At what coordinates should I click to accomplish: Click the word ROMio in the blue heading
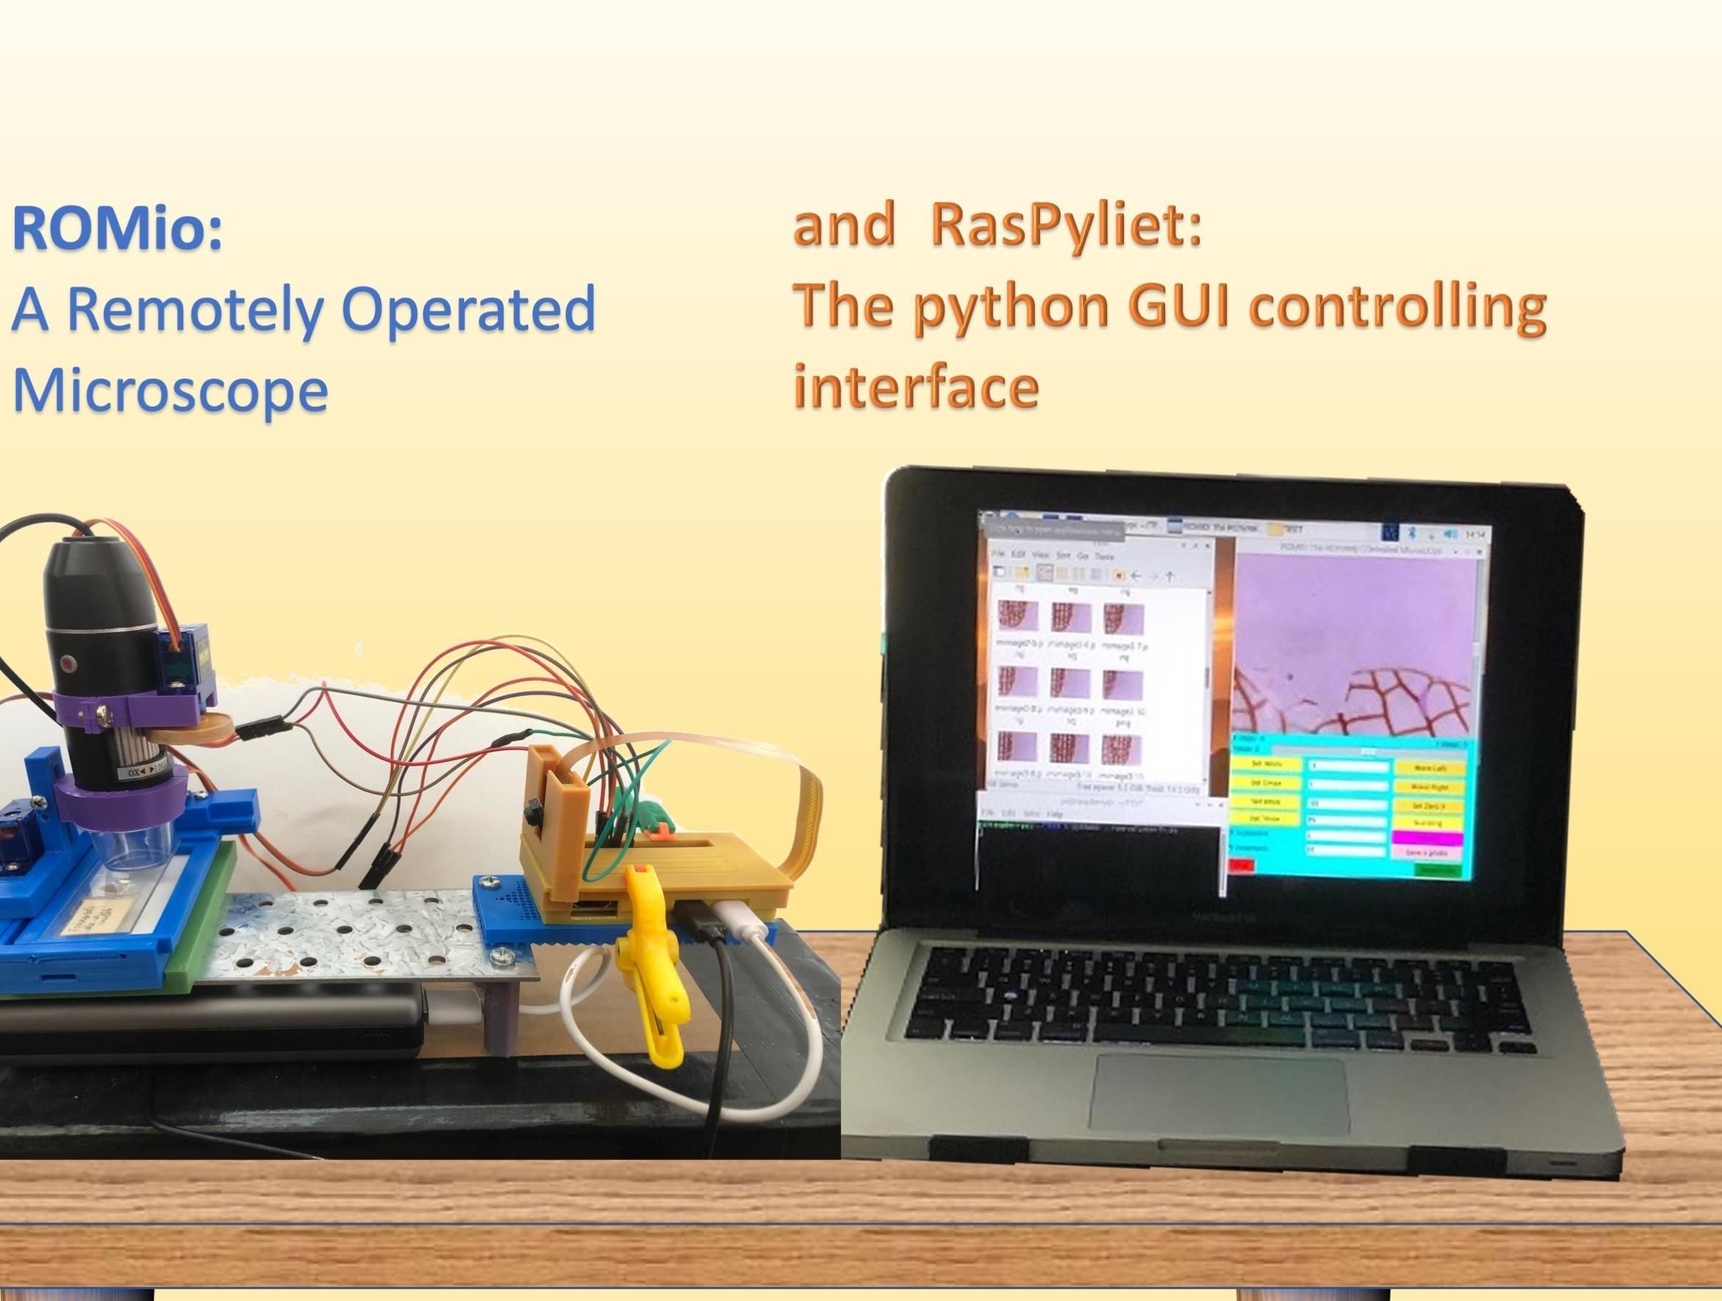[x=117, y=230]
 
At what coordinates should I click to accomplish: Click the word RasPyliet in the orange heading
[x=1065, y=225]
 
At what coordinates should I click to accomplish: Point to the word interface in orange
[x=915, y=387]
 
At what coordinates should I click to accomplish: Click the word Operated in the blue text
[x=467, y=309]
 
